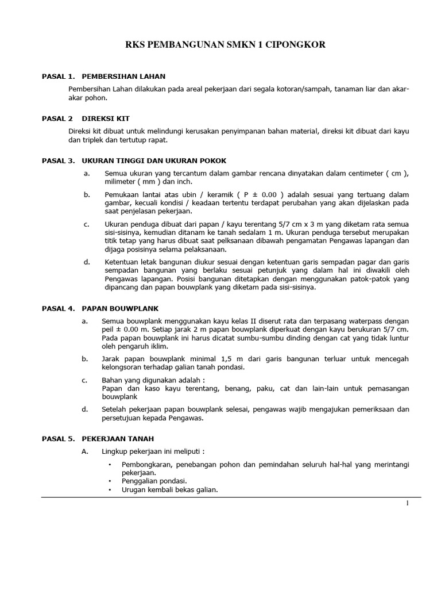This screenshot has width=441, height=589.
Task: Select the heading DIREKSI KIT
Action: click(x=107, y=118)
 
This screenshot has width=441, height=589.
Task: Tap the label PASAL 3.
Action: click(x=59, y=160)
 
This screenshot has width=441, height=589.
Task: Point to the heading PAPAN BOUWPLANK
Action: click(x=120, y=308)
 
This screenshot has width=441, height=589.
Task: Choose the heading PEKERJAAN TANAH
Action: click(x=118, y=438)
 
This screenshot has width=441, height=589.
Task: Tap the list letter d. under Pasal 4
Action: click(x=86, y=410)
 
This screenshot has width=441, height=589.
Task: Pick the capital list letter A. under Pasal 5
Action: click(x=86, y=450)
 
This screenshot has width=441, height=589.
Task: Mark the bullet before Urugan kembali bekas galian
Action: click(x=109, y=489)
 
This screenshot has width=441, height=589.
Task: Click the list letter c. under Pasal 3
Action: click(x=86, y=224)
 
